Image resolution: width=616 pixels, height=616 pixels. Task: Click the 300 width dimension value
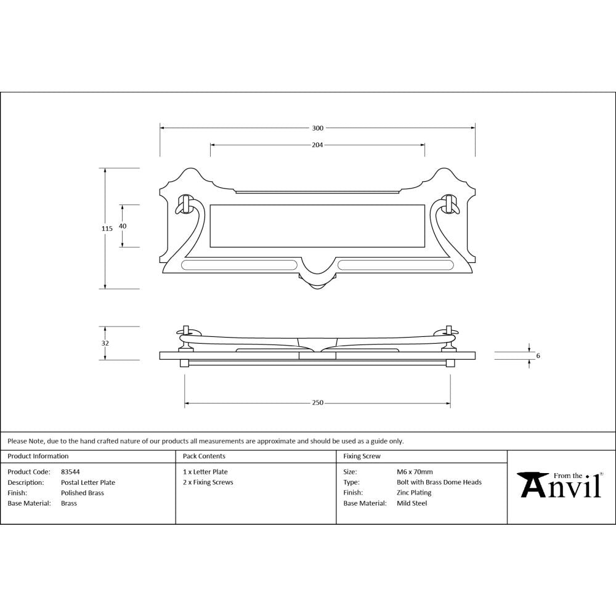pyautogui.click(x=317, y=128)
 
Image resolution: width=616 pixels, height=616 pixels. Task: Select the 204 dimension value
pyautogui.click(x=317, y=145)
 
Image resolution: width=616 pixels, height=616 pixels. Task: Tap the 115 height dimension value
pyautogui.click(x=107, y=229)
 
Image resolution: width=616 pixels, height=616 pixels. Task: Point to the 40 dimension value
pyautogui.click(x=123, y=226)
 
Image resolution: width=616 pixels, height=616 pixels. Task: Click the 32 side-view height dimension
pyautogui.click(x=105, y=343)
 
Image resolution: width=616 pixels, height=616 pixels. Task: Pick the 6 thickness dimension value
pyautogui.click(x=538, y=355)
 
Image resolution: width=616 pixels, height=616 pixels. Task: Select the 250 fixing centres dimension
pyautogui.click(x=317, y=403)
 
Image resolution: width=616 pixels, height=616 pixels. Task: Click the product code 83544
pyautogui.click(x=70, y=472)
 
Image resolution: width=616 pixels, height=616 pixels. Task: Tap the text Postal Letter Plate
pyautogui.click(x=88, y=482)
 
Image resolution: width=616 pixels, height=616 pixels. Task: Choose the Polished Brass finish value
pyautogui.click(x=83, y=493)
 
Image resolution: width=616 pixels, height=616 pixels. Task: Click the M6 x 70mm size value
pyautogui.click(x=415, y=472)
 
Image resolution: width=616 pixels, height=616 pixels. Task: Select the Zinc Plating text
pyautogui.click(x=414, y=493)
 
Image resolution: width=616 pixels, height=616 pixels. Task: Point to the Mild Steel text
pyautogui.click(x=411, y=503)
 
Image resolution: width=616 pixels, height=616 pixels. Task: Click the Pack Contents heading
pyautogui.click(x=204, y=456)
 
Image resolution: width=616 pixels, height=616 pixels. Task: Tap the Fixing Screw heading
pyautogui.click(x=362, y=456)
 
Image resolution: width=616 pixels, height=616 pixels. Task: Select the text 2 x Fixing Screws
pyautogui.click(x=208, y=482)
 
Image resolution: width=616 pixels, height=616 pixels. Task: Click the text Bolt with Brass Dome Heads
pyautogui.click(x=439, y=482)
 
